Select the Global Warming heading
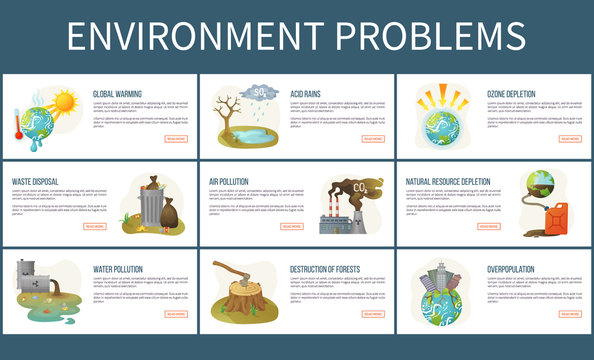point(116,94)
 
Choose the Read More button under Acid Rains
point(372,139)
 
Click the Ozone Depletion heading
point(511,94)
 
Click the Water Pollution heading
point(118,269)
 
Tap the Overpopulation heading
point(511,269)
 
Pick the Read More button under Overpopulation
point(570,314)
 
